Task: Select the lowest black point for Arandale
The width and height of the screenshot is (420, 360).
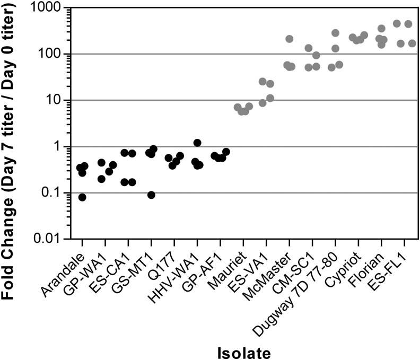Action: point(82,197)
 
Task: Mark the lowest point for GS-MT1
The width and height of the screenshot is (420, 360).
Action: point(151,195)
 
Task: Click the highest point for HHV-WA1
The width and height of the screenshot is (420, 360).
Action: point(197,143)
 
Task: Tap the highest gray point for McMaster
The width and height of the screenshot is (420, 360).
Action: point(290,39)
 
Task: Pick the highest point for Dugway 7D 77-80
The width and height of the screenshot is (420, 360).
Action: point(335,33)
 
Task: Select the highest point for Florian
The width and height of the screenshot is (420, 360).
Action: point(381,28)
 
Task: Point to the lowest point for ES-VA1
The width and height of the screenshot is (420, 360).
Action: point(262,103)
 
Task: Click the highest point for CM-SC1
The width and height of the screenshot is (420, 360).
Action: point(308,48)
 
